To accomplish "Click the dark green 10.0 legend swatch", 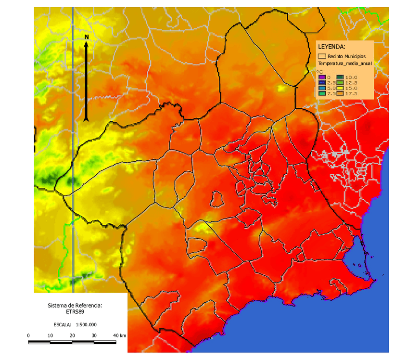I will [340, 77].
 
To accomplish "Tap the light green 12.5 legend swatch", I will [340, 82].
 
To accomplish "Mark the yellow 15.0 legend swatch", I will [340, 88].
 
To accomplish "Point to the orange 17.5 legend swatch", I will [340, 93].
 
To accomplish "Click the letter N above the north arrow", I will [86, 37].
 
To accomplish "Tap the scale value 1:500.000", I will [86, 324].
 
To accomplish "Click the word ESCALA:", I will [59, 324].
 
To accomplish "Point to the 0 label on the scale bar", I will [29, 335].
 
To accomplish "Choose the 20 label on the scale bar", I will [72, 335].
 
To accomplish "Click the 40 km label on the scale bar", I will [119, 335].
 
